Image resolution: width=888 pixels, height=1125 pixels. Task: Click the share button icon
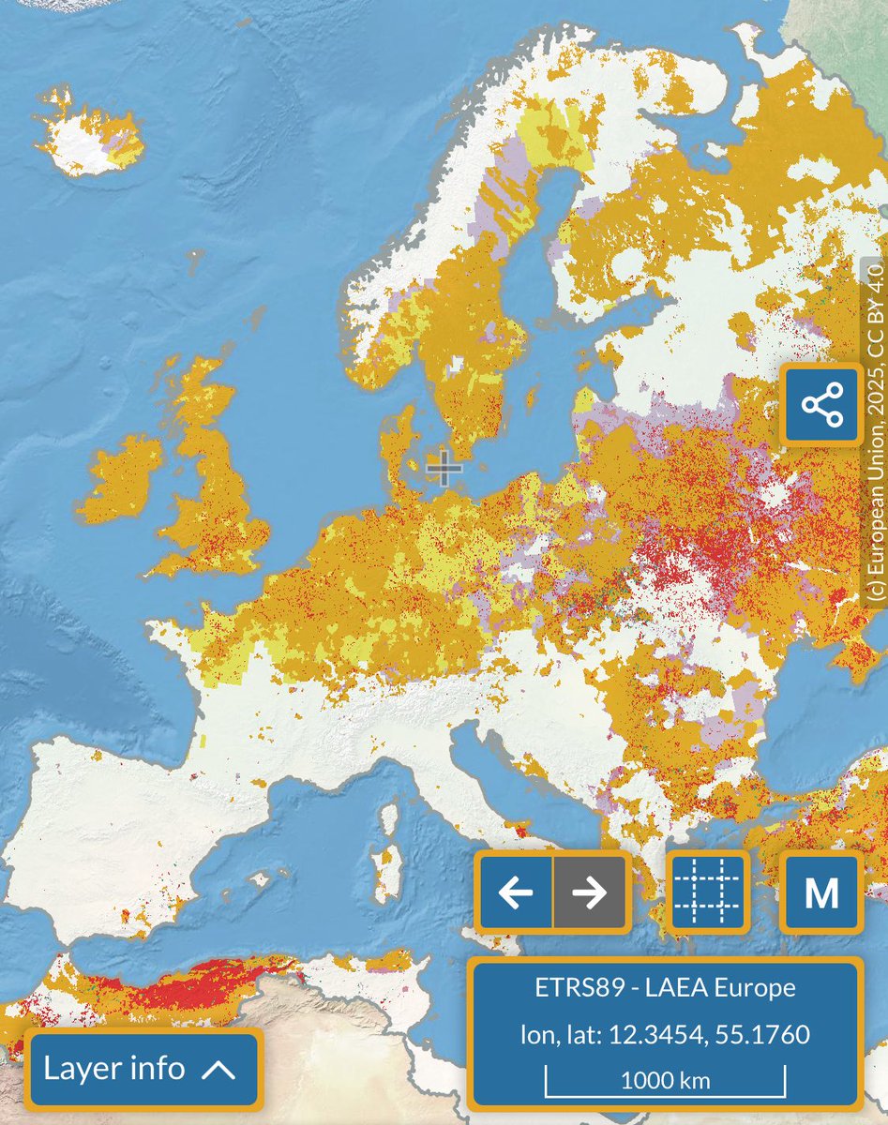pos(822,405)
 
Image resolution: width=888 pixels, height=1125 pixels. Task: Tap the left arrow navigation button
pos(515,893)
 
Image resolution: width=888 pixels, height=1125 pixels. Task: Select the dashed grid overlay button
pos(708,893)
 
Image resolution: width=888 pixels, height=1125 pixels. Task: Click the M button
pos(821,893)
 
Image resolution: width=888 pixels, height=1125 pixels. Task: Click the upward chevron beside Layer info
pos(218,1070)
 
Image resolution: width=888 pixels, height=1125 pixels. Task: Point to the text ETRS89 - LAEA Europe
pos(665,987)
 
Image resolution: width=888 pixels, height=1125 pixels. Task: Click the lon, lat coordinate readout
pos(665,1035)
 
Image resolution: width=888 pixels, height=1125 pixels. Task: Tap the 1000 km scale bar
pos(665,1079)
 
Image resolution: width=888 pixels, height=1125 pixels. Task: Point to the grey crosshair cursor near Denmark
pos(444,468)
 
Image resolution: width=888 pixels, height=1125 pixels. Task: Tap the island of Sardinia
pos(383,861)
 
